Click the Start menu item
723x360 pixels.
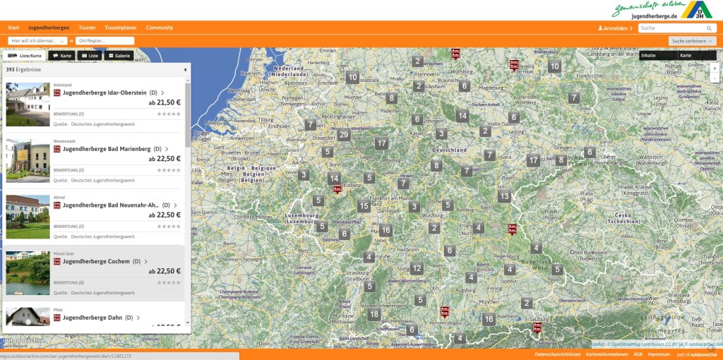pyautogui.click(x=13, y=28)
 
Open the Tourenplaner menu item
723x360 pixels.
pyautogui.click(x=121, y=28)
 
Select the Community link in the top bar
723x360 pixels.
pyautogui.click(x=160, y=28)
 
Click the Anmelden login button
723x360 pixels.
pyautogui.click(x=614, y=28)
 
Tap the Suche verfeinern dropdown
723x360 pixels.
pyautogui.click(x=693, y=41)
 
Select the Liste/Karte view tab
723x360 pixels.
pyautogui.click(x=25, y=55)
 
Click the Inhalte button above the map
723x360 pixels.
pyautogui.click(x=648, y=55)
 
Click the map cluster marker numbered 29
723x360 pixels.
pyautogui.click(x=344, y=135)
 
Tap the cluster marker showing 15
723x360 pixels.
pyautogui.click(x=364, y=206)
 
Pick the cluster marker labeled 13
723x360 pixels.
pyautogui.click(x=504, y=196)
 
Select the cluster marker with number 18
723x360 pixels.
pyautogui.click(x=374, y=314)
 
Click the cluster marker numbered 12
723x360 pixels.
pyautogui.click(x=417, y=268)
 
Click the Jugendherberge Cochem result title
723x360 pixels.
pyautogui.click(x=96, y=261)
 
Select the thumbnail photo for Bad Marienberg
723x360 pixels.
pyautogui.click(x=28, y=160)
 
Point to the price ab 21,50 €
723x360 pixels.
pyautogui.click(x=165, y=102)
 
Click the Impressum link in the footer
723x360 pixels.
pyautogui.click(x=659, y=354)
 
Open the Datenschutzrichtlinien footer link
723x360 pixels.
pyautogui.click(x=558, y=354)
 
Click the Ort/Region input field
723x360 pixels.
pyautogui.click(x=115, y=41)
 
